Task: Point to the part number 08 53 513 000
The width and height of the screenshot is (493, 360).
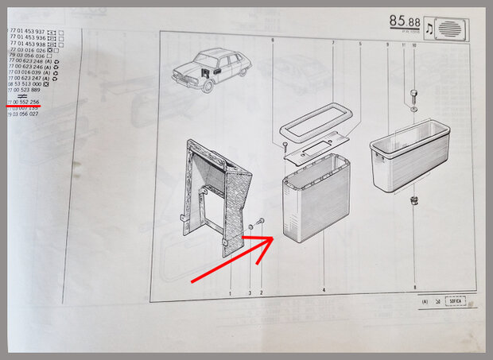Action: [25, 83]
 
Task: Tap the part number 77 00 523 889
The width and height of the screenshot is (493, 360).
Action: [24, 90]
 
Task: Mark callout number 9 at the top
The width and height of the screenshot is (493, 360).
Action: [386, 45]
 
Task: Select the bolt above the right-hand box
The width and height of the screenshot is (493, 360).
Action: [413, 99]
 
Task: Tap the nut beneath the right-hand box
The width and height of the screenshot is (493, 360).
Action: [413, 199]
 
